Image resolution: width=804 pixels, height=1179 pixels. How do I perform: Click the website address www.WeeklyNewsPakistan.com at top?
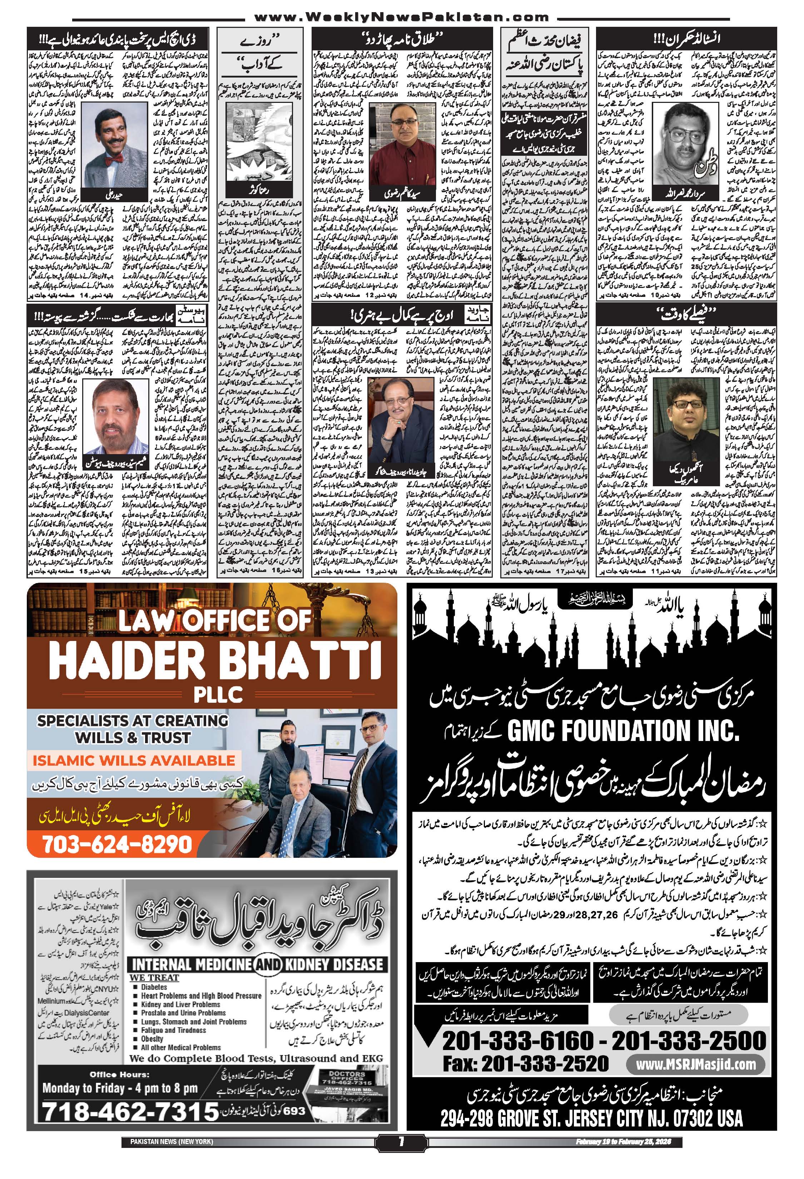pyautogui.click(x=401, y=17)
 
